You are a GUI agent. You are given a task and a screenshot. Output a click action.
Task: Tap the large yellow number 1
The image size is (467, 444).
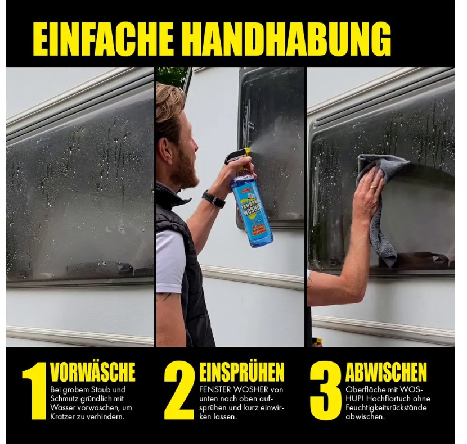click(x=34, y=390)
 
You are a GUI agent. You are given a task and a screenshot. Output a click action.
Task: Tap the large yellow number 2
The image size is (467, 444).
click(x=179, y=390)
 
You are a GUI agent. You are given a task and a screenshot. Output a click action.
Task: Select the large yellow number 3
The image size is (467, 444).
click(x=326, y=390)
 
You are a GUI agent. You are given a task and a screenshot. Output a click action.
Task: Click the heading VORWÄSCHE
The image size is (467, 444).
click(x=93, y=371)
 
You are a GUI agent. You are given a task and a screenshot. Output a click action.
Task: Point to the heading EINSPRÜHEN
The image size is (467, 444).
click(x=241, y=371)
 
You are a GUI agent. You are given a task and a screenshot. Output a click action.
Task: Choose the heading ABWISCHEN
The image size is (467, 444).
click(x=386, y=371)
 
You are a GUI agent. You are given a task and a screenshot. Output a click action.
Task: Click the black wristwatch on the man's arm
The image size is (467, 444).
click(x=213, y=199)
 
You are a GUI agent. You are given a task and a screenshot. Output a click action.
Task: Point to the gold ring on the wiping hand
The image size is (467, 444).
click(x=372, y=188)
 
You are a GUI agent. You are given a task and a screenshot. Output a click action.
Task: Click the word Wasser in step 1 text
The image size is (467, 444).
click(x=62, y=407)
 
